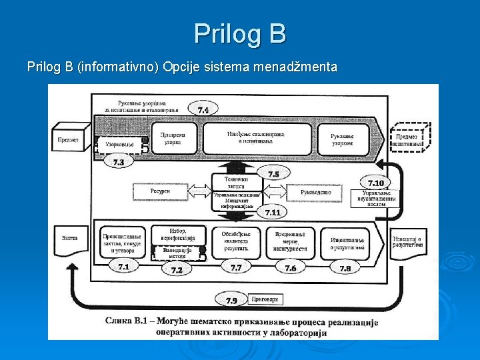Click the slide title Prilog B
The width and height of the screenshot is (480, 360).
click(240, 33)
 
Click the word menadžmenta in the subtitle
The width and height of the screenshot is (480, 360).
click(303, 67)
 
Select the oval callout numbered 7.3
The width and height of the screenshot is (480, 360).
click(119, 161)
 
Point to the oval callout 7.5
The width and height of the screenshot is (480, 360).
click(273, 174)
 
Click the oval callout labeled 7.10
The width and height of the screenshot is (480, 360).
click(375, 183)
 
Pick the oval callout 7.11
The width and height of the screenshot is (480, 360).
click(273, 212)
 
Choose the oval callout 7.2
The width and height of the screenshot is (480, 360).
click(177, 269)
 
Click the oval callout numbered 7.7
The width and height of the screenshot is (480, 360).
click(235, 267)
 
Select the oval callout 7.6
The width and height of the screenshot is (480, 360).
click(290, 267)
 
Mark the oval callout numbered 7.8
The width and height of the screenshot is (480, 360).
click(345, 267)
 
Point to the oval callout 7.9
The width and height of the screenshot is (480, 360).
click(231, 301)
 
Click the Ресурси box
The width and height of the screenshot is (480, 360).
click(160, 191)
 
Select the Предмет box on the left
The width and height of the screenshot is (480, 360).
click(69, 139)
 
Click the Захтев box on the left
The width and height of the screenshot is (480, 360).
click(70, 238)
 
